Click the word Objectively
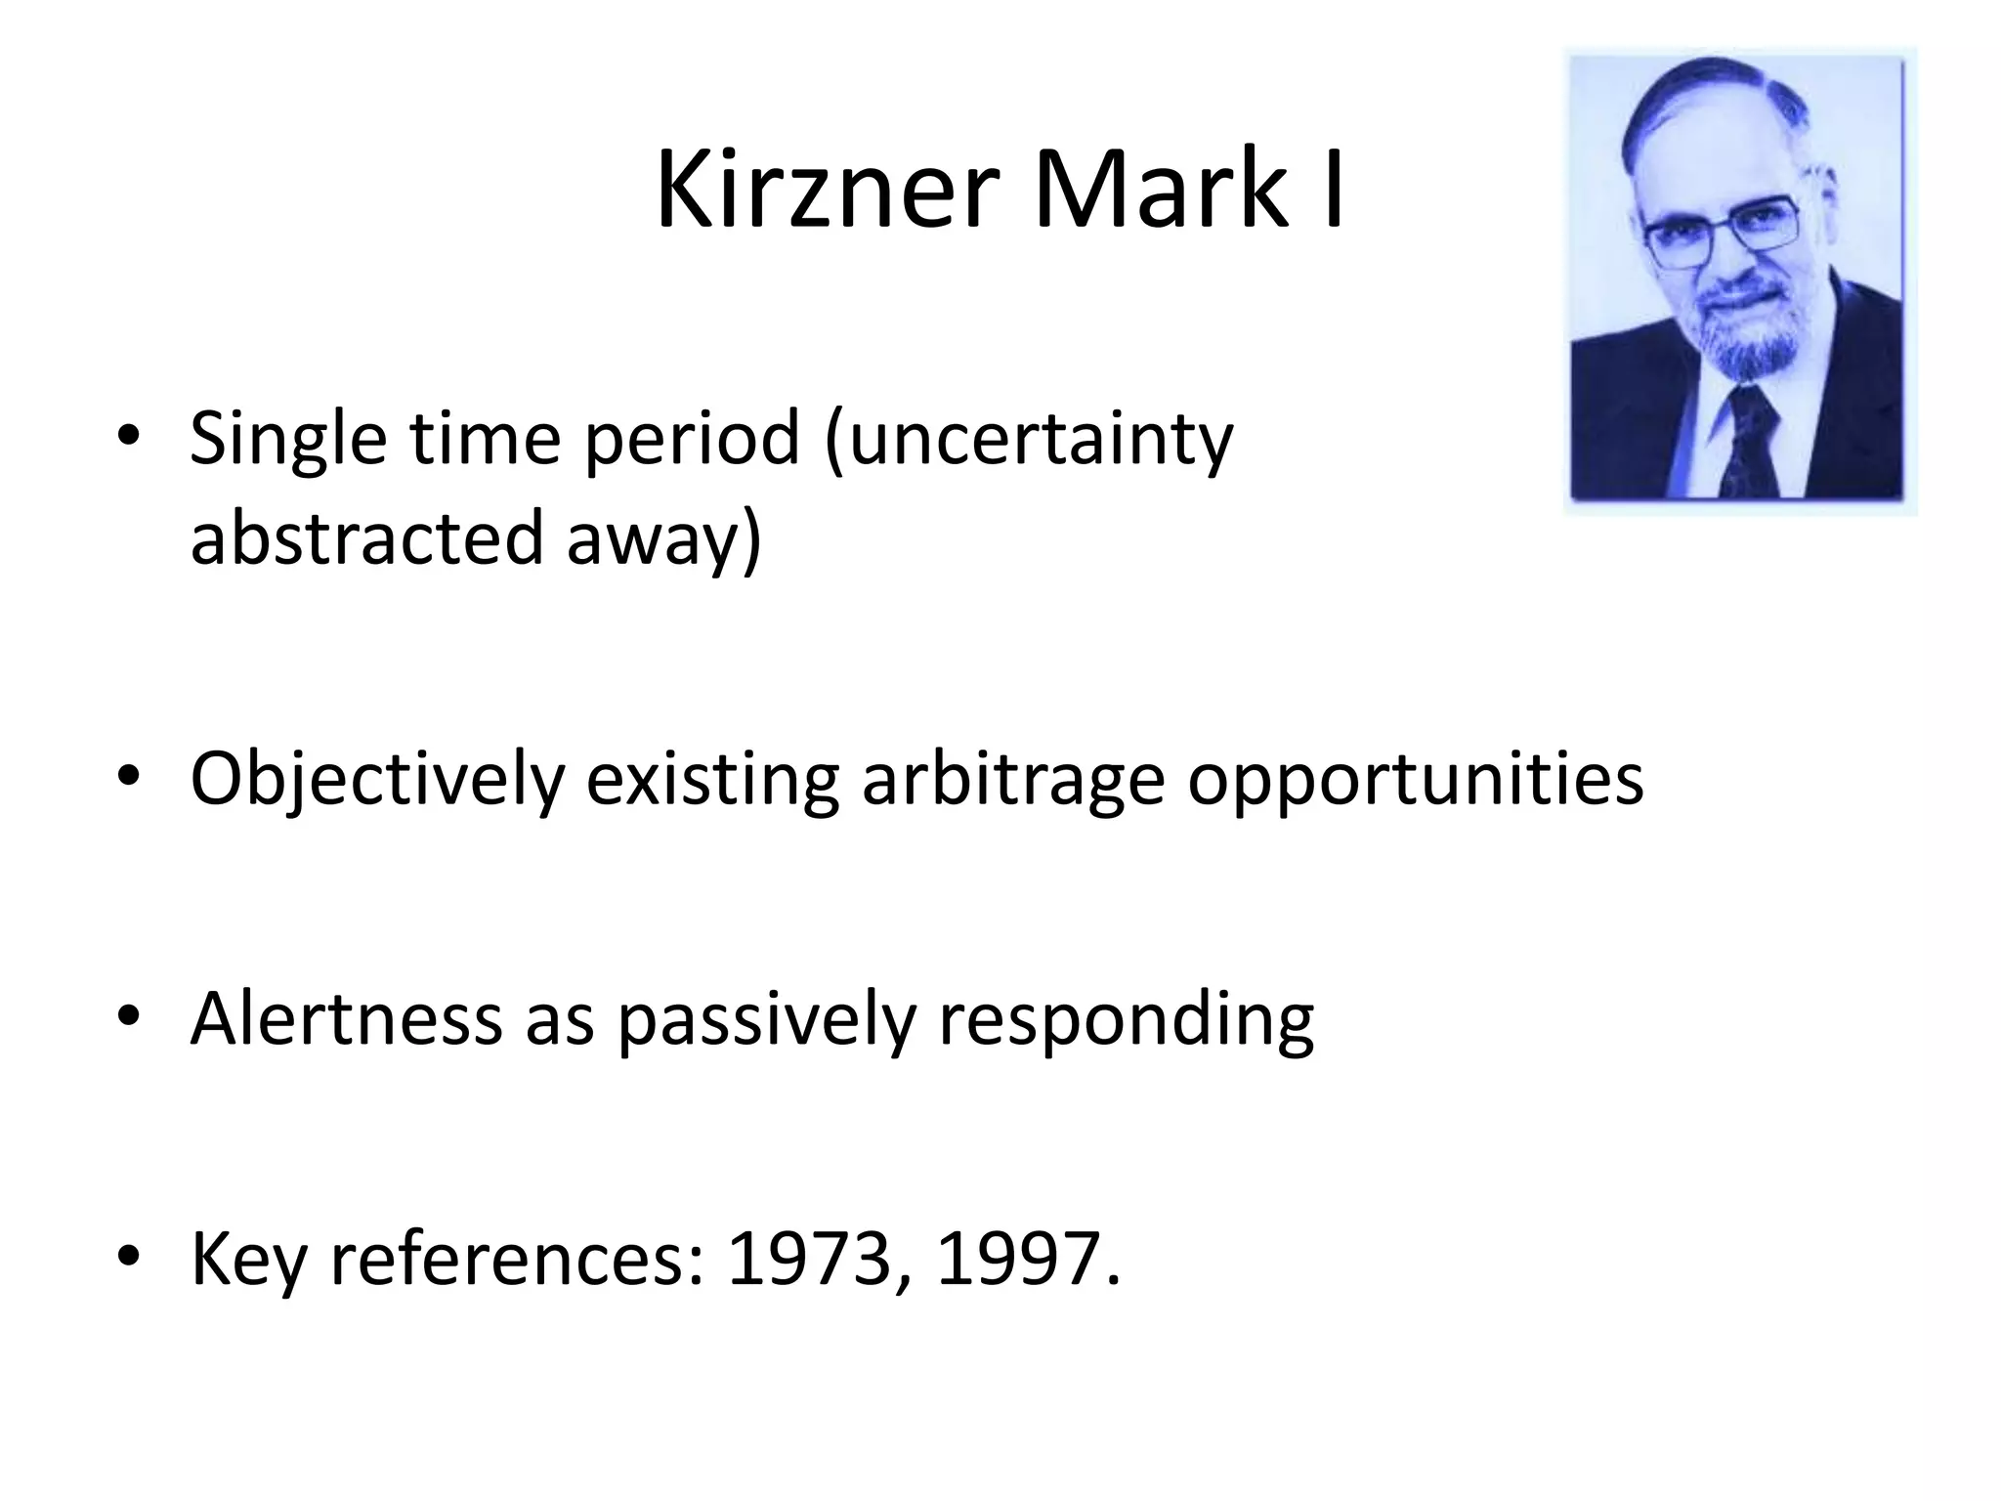[377, 780]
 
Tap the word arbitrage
[1012, 780]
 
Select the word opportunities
[1415, 780]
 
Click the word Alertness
[344, 1019]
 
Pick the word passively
[767, 1019]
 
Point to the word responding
[1126, 1019]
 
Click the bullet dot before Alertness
[127, 1017]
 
